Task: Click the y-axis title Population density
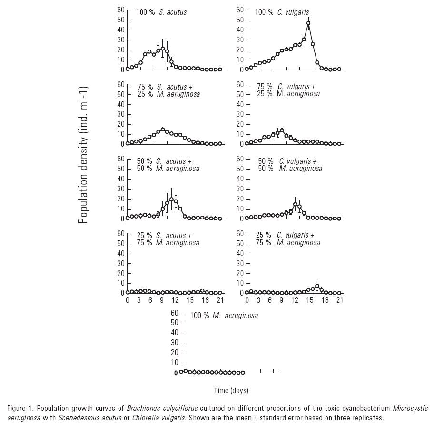pyautogui.click(x=83, y=155)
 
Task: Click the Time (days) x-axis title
pyautogui.click(x=231, y=390)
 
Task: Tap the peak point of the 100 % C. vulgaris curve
pyautogui.click(x=308, y=23)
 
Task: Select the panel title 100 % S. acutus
pyautogui.click(x=161, y=12)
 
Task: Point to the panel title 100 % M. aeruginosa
pyautogui.click(x=224, y=315)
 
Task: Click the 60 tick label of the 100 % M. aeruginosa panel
pyautogui.click(x=174, y=313)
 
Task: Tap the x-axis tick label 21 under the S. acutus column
pyautogui.click(x=219, y=300)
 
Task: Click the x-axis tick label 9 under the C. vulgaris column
pyautogui.click(x=281, y=300)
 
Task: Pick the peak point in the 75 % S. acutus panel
pyautogui.click(x=163, y=130)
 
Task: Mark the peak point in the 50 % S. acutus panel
pyautogui.click(x=171, y=199)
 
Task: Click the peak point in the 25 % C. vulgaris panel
pyautogui.click(x=317, y=286)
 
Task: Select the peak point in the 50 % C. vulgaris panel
pyautogui.click(x=295, y=204)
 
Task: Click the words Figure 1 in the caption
pyautogui.click(x=20, y=409)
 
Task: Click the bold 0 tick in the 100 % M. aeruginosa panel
pyautogui.click(x=176, y=373)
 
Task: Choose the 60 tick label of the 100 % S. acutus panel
pyautogui.click(x=121, y=10)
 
